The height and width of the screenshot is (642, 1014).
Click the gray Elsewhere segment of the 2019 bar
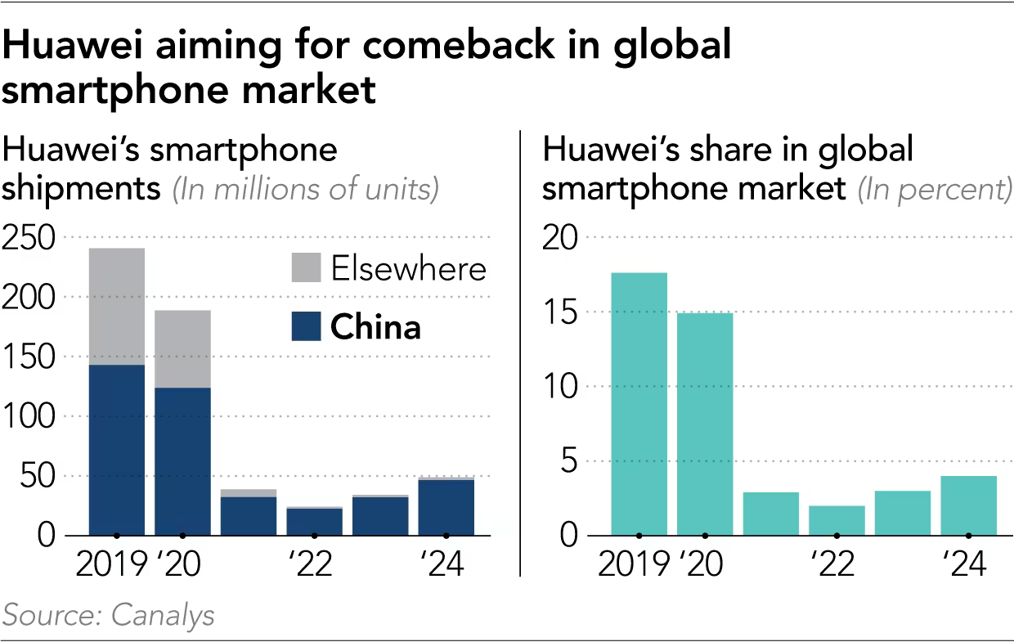pyautogui.click(x=117, y=306)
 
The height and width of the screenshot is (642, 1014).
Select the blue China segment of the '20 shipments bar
pyautogui.click(x=182, y=461)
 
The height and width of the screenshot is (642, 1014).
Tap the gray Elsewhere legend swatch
pyautogui.click(x=306, y=268)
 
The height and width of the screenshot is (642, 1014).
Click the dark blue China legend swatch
pyautogui.click(x=306, y=327)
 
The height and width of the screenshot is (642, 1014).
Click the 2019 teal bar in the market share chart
pyautogui.click(x=639, y=404)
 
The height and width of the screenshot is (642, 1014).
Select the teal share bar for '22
pyautogui.click(x=837, y=520)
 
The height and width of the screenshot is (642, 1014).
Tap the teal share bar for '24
pyautogui.click(x=968, y=505)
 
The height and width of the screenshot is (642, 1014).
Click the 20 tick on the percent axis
pyautogui.click(x=561, y=238)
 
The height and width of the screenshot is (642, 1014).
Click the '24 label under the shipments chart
pyautogui.click(x=442, y=565)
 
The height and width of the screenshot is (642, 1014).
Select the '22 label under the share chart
pyautogui.click(x=833, y=565)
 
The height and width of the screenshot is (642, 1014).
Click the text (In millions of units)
pyautogui.click(x=306, y=190)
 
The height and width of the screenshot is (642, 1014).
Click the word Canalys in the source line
pyautogui.click(x=163, y=615)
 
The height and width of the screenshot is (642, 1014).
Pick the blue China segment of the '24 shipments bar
pyautogui.click(x=446, y=507)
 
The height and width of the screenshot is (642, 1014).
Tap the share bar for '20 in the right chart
pyautogui.click(x=705, y=424)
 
